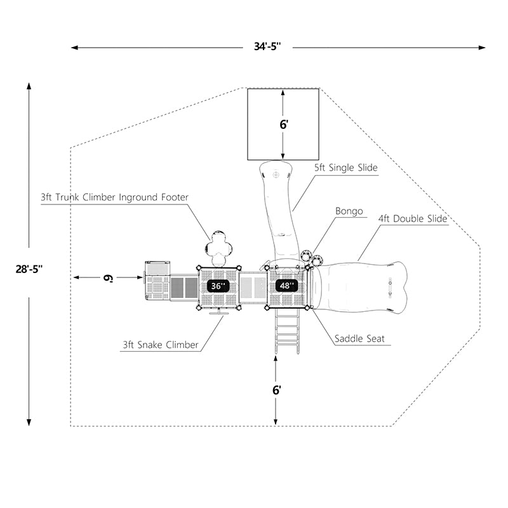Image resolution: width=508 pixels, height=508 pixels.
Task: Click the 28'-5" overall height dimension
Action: (x=30, y=269)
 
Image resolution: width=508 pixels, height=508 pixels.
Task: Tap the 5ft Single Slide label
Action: (x=346, y=168)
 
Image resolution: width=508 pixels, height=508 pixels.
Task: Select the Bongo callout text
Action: (x=349, y=211)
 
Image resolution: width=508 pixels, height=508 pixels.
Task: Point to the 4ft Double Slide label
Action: (x=413, y=218)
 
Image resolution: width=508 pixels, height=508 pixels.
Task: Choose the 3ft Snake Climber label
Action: (x=161, y=345)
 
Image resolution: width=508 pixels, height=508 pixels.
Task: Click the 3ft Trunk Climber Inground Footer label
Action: (x=114, y=197)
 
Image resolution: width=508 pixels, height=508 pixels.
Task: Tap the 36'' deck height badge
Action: (x=218, y=286)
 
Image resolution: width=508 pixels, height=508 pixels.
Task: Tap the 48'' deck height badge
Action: (x=287, y=286)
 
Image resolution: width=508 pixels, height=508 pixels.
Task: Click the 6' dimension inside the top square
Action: (x=284, y=124)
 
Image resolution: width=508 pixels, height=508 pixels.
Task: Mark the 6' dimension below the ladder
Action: (x=276, y=391)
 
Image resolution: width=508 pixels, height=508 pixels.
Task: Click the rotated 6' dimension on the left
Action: (x=109, y=277)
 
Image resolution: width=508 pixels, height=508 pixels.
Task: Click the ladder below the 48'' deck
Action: (x=287, y=331)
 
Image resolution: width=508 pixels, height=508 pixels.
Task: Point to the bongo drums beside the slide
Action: (x=311, y=257)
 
